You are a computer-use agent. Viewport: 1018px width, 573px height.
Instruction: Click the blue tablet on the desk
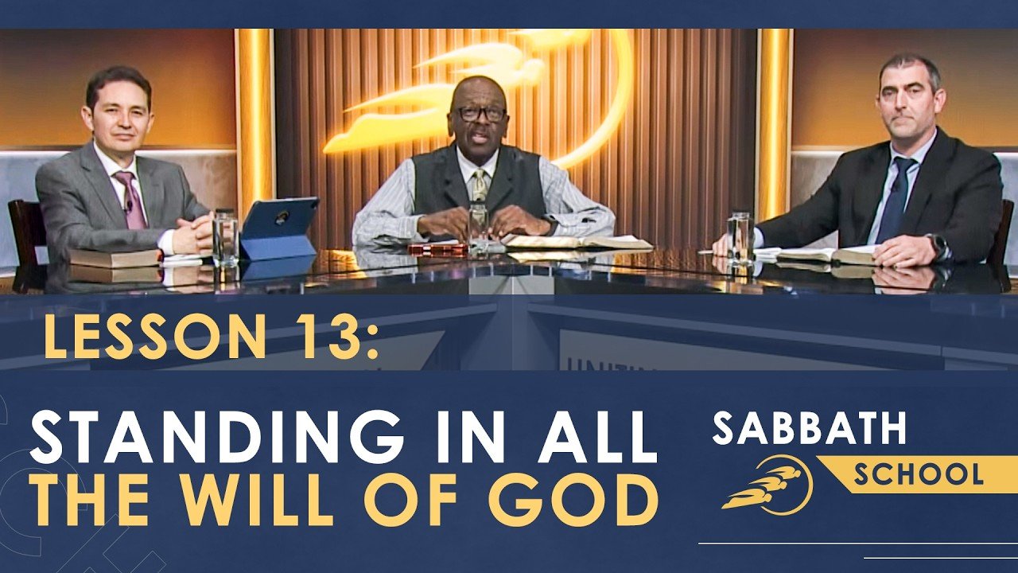279,229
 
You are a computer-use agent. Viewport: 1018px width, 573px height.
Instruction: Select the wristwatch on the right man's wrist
938,247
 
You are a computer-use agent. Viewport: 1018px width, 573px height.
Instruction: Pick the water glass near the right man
739,236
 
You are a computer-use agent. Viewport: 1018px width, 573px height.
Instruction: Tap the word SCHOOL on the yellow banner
918,474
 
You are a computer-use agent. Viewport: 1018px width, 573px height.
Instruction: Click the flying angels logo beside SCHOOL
767,485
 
